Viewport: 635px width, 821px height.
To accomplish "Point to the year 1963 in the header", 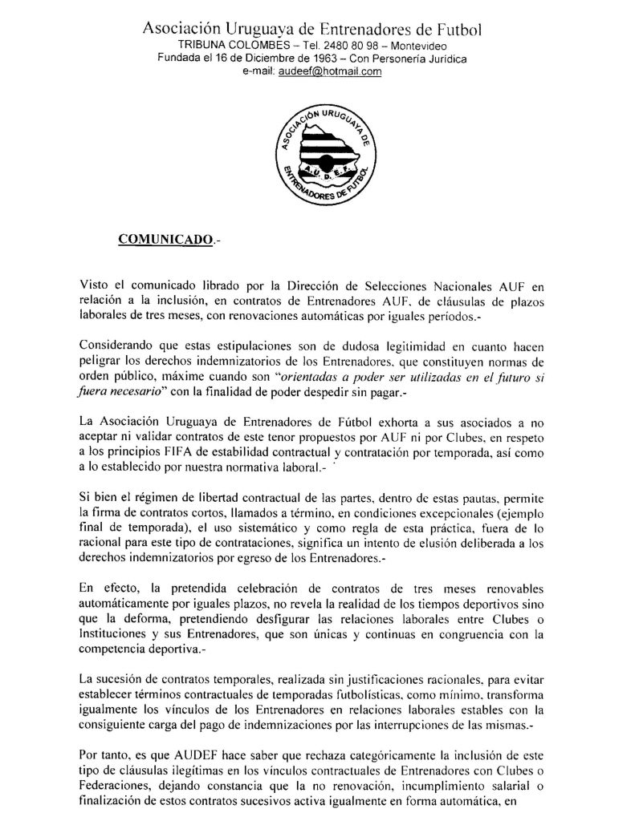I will pos(315,59).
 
